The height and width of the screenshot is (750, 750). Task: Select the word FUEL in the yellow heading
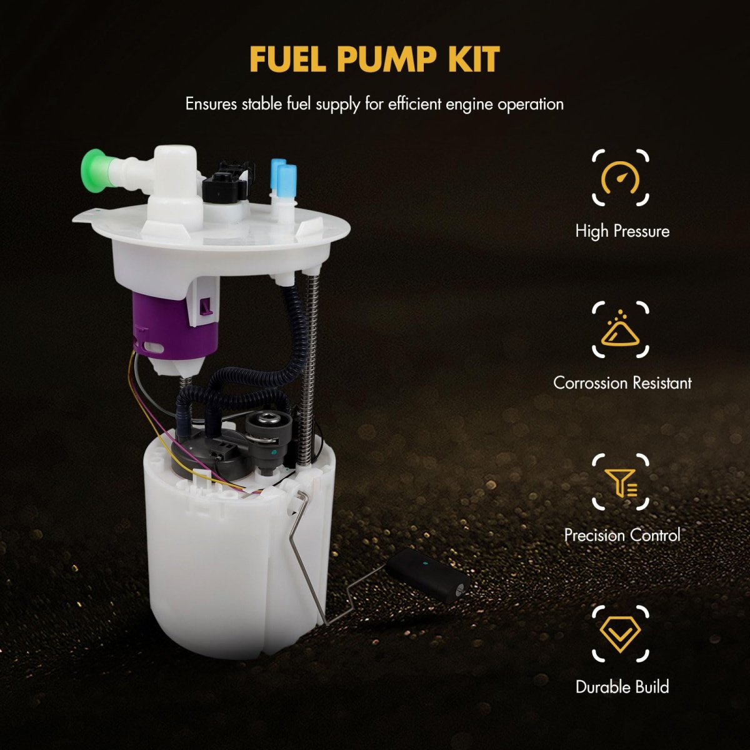click(287, 59)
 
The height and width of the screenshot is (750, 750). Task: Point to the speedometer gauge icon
click(621, 178)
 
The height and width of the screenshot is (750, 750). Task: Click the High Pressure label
click(622, 231)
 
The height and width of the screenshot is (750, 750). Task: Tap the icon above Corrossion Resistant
click(621, 329)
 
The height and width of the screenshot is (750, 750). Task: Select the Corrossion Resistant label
click(622, 383)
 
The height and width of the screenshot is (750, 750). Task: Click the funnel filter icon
click(621, 483)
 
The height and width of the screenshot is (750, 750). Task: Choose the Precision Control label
click(622, 535)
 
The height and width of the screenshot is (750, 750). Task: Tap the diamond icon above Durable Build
click(621, 634)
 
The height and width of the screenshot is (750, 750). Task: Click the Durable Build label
click(622, 687)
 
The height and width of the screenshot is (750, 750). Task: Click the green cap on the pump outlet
click(94, 167)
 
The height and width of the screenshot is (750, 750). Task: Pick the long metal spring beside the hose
click(309, 370)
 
